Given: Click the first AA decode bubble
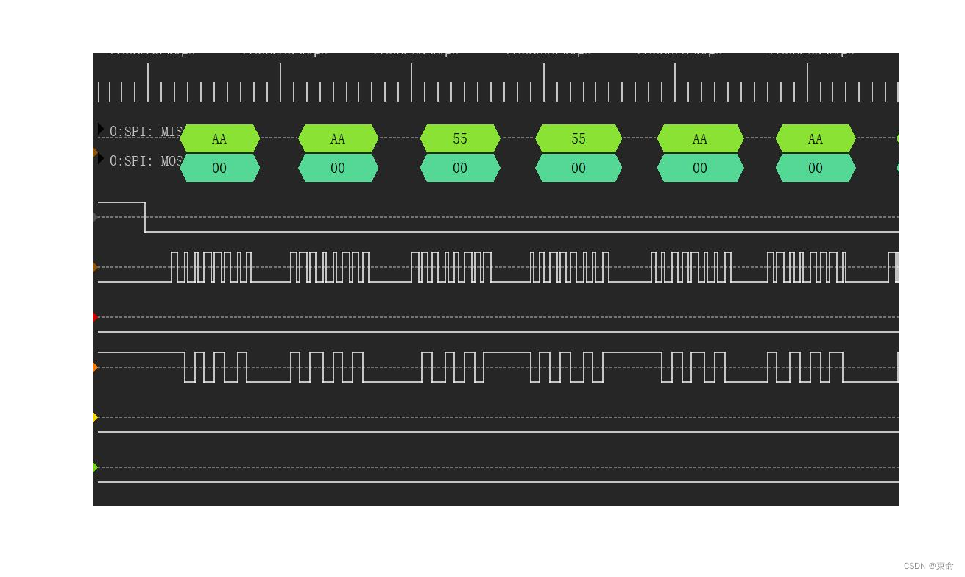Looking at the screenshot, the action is coord(219,138).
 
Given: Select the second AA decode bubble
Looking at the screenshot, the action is coord(338,138).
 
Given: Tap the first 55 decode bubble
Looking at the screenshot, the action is coord(460,138).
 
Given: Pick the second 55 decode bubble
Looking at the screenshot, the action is coord(579,138).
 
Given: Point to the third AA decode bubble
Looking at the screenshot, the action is coord(700,138).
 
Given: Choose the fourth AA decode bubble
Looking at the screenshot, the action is coord(816,138).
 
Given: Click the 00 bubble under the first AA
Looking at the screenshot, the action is coord(219,168).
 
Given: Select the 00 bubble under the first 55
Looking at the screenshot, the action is coord(460,168).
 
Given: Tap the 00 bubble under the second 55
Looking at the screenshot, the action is coord(579,168).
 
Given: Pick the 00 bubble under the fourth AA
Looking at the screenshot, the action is coord(816,168).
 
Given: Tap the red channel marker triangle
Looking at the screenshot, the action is coord(95,317).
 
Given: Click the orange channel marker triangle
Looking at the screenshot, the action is coord(95,367).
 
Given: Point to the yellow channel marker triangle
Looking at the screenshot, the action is coord(95,417).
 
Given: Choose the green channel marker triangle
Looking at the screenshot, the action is coord(95,467).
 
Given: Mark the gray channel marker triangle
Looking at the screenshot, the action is coord(95,217).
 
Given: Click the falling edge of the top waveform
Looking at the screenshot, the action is coord(145,217).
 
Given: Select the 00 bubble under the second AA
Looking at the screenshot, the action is coord(338,168).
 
